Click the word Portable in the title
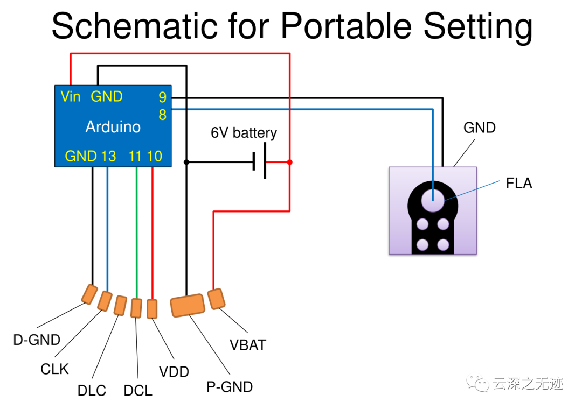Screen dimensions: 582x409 click(x=347, y=25)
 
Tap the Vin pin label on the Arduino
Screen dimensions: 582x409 click(x=71, y=96)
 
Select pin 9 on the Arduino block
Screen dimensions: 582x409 click(x=162, y=97)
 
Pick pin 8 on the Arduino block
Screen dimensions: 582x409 click(x=162, y=115)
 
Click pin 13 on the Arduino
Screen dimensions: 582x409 click(x=108, y=156)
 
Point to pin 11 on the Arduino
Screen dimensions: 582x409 click(x=135, y=156)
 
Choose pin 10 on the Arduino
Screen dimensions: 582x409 click(x=155, y=156)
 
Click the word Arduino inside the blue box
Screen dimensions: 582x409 click(x=113, y=127)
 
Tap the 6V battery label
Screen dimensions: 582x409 click(x=244, y=133)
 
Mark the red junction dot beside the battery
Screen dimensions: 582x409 click(x=289, y=162)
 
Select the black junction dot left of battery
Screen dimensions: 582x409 click(x=186, y=162)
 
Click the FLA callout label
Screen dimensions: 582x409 click(x=519, y=183)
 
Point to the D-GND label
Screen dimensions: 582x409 click(x=37, y=340)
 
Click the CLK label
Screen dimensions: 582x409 click(x=54, y=369)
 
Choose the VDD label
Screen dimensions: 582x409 click(x=174, y=371)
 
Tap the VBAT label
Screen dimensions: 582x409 click(x=248, y=345)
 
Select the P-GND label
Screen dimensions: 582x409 click(x=230, y=387)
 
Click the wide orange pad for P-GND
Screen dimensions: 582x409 click(x=188, y=305)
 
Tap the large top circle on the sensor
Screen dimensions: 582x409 click(x=433, y=200)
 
